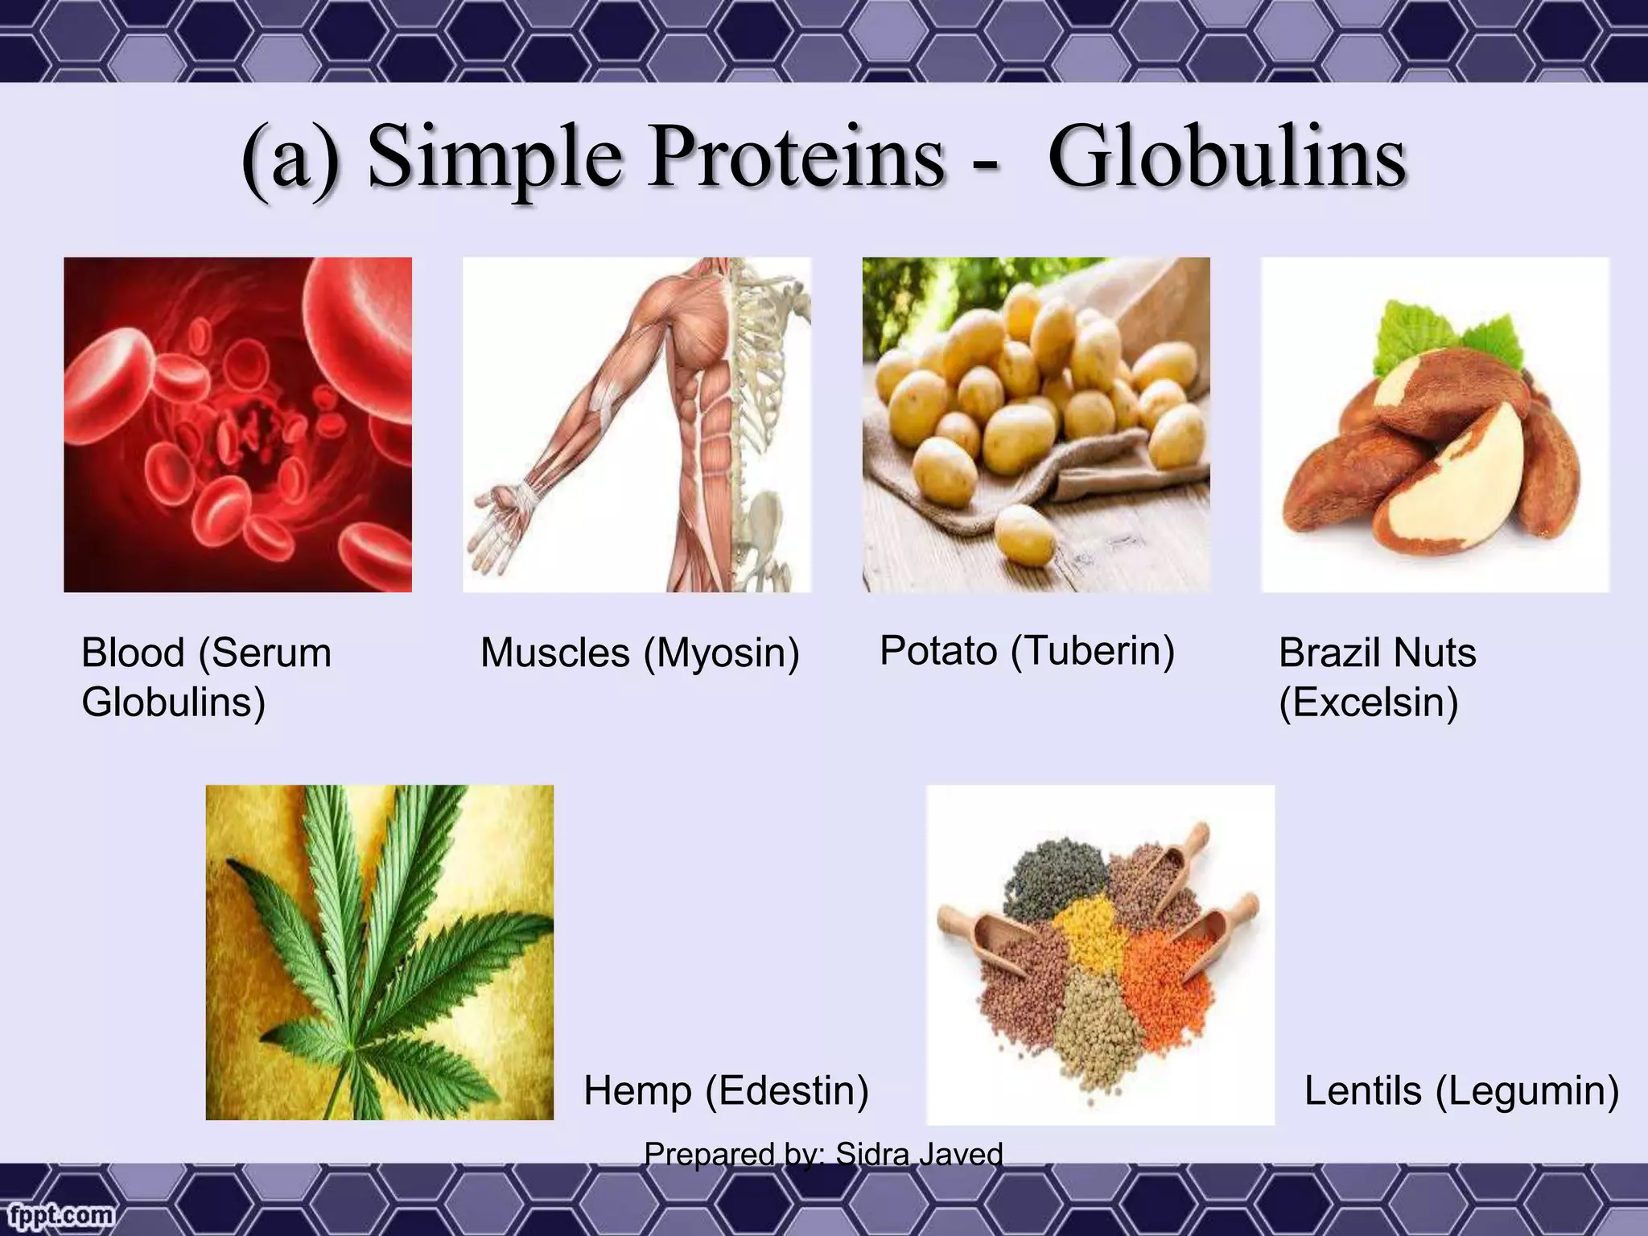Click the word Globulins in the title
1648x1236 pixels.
click(x=1226, y=157)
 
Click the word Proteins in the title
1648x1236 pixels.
click(x=797, y=157)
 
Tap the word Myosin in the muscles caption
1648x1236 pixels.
click(x=720, y=653)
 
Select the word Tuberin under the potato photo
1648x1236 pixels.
click(x=1093, y=650)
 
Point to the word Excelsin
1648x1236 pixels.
click(x=1369, y=702)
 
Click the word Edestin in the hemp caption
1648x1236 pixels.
click(x=787, y=1091)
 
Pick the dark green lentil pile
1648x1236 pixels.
click(x=1054, y=877)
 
